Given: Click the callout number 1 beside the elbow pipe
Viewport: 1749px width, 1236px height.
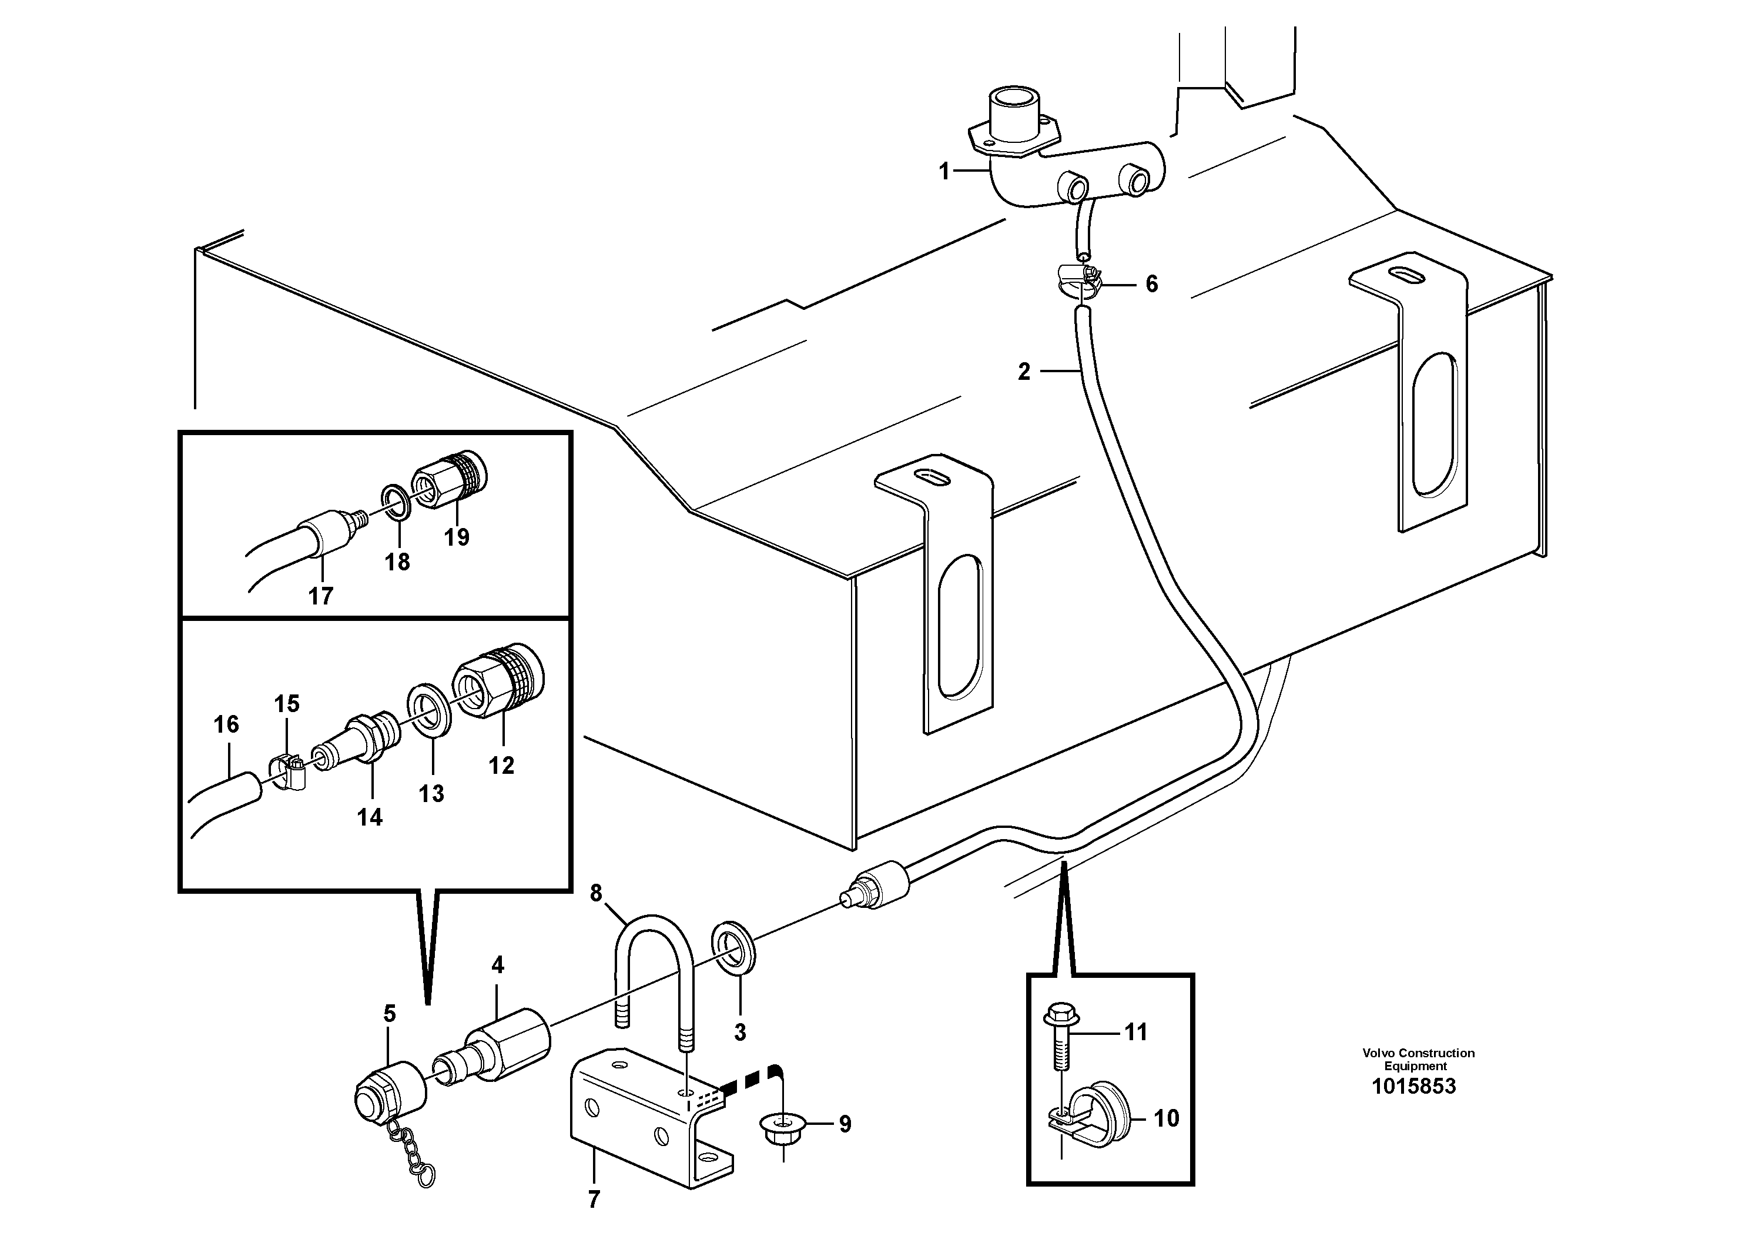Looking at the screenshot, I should pos(944,172).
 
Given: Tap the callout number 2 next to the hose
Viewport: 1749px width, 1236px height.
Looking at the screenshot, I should pos(1024,372).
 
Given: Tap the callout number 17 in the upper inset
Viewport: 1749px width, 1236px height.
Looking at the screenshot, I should pos(321,595).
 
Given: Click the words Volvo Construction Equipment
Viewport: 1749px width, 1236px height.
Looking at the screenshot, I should pos(1418,1059).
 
